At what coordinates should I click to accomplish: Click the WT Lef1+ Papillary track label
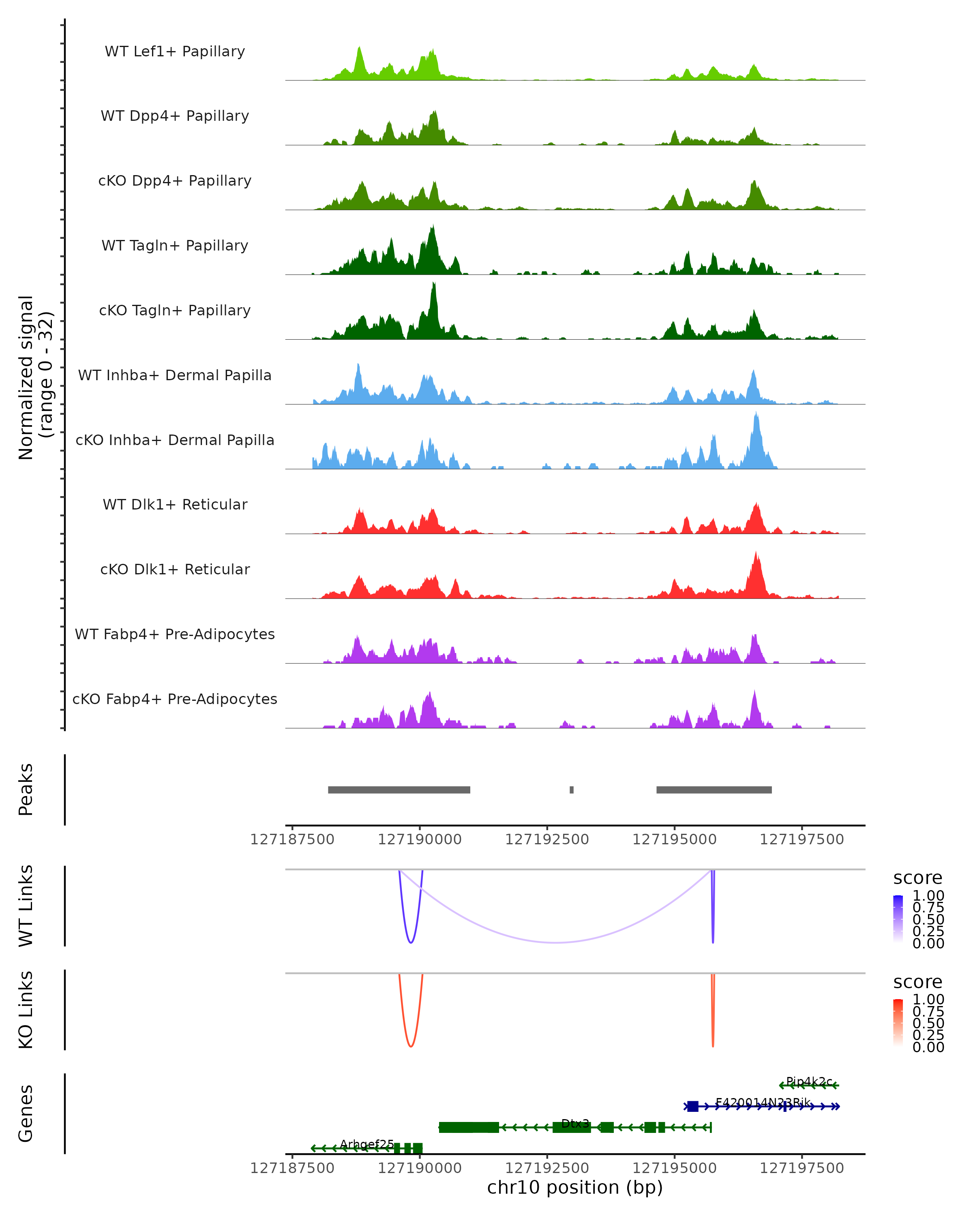point(175,51)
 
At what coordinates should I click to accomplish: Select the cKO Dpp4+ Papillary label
point(175,181)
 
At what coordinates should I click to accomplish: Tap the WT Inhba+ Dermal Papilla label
point(175,376)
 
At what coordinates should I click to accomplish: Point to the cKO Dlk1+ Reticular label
point(175,569)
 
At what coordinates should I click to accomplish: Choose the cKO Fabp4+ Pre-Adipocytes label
point(175,699)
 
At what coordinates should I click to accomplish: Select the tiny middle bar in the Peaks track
point(571,790)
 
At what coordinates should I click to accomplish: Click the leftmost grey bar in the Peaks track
point(399,790)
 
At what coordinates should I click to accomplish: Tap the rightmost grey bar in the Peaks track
point(714,790)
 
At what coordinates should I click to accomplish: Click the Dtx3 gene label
point(575,1124)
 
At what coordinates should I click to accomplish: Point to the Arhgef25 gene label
point(366,1144)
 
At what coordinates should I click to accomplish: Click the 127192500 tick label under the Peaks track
point(547,840)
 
